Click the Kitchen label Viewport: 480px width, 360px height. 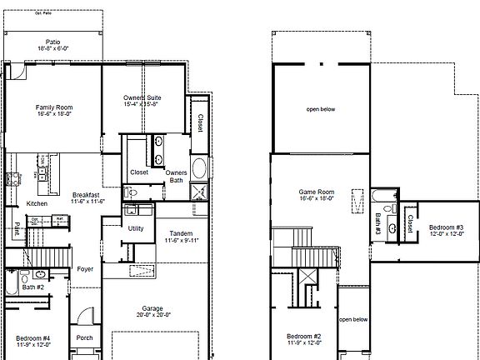37,203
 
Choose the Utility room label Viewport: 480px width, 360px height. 136,227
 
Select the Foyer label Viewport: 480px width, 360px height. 85,269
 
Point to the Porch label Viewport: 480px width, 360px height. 85,337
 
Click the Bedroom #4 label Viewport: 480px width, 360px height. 33,337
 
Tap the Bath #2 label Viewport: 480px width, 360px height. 33,287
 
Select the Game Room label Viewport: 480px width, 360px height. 316,192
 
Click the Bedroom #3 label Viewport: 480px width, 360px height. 446,227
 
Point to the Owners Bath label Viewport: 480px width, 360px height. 176,176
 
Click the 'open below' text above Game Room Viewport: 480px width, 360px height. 321,109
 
